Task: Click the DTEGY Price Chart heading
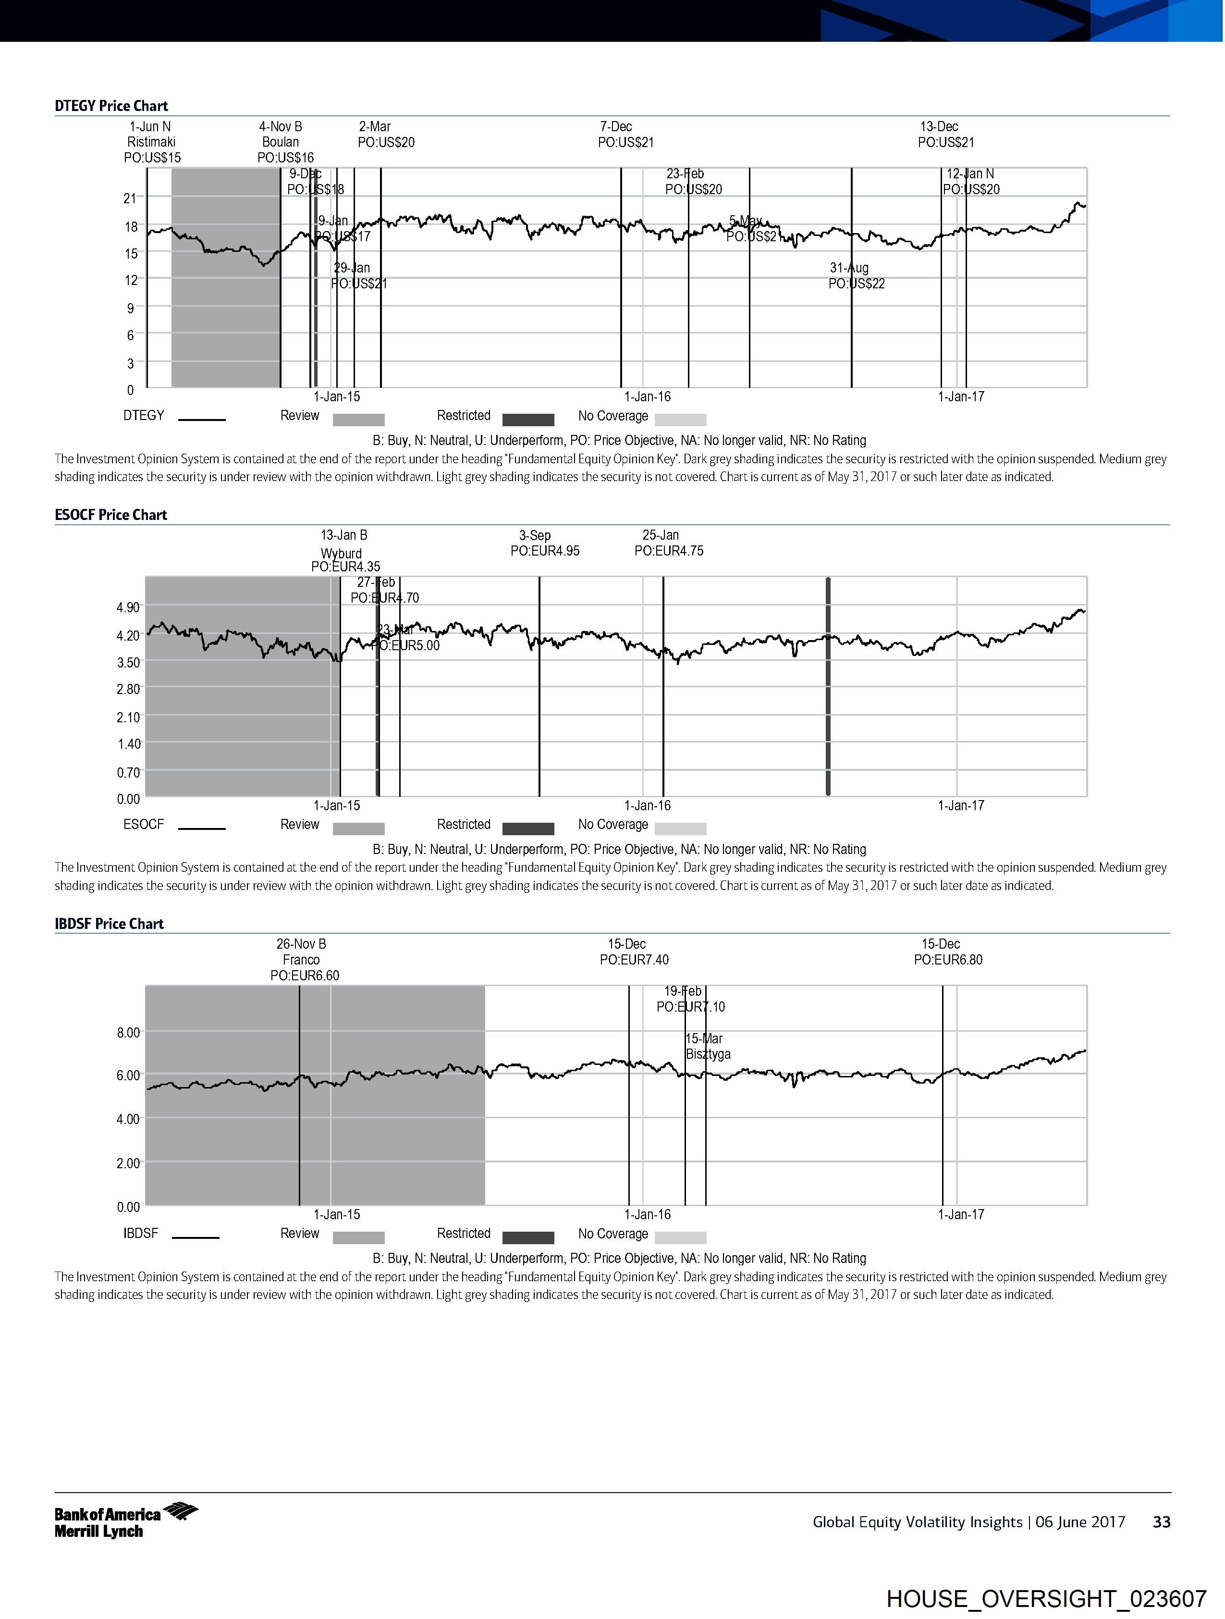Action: point(111,105)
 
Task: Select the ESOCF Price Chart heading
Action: point(110,515)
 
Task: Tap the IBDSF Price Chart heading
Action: point(109,924)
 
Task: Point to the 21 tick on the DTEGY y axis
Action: point(130,198)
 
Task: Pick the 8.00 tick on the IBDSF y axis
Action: point(128,1033)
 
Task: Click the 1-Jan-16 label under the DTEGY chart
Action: point(647,396)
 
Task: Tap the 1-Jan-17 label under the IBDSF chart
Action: point(961,1214)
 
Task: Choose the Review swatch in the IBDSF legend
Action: point(358,1237)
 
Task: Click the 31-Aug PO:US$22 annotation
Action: point(856,276)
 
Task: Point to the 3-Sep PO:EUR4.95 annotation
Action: point(544,543)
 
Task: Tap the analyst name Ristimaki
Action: point(151,142)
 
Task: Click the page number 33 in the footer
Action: point(1161,1521)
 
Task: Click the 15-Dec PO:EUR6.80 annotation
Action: point(948,952)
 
